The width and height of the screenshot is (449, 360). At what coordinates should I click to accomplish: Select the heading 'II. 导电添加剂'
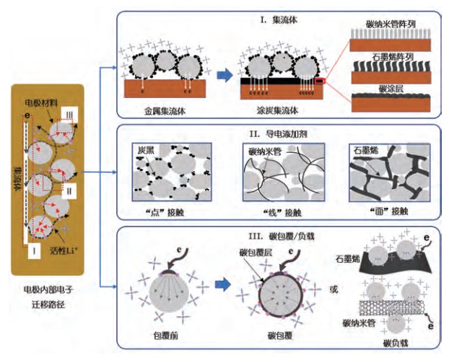274,133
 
